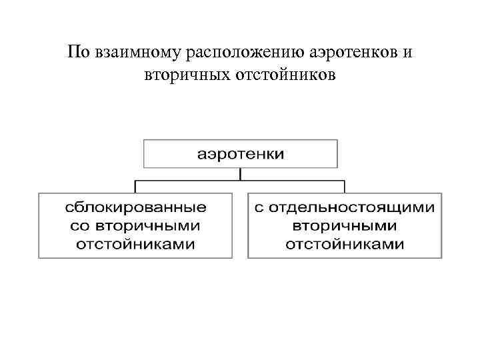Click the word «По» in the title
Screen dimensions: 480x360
pyautogui.click(x=77, y=53)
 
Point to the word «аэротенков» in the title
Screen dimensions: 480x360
pyautogui.click(x=351, y=53)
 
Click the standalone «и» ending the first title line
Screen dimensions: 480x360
pyautogui.click(x=407, y=53)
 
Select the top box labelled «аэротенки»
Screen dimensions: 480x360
pyautogui.click(x=241, y=154)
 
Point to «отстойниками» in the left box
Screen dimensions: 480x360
pyautogui.click(x=135, y=243)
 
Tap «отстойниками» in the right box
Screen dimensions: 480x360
pyautogui.click(x=345, y=243)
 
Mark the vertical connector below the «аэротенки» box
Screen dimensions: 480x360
pyautogui.click(x=241, y=173)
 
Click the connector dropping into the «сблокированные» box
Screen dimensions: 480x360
pyautogui.click(x=136, y=186)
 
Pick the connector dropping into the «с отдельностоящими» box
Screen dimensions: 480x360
pyautogui.click(x=345, y=186)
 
